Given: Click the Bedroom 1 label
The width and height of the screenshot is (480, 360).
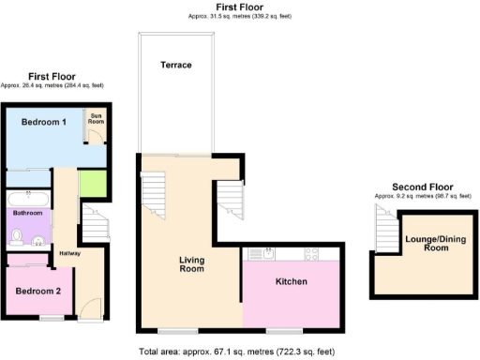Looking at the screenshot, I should (x=45, y=123).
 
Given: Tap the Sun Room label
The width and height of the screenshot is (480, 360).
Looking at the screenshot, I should (x=97, y=120).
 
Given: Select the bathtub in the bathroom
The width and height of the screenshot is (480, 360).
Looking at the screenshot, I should (x=29, y=198).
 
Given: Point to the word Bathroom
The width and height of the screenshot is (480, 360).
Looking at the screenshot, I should (x=28, y=214).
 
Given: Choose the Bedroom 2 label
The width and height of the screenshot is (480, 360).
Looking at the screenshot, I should (x=38, y=291).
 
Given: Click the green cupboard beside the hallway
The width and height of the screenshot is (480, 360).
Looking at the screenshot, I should (x=91, y=185).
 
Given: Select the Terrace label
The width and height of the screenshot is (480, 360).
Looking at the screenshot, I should (x=175, y=66).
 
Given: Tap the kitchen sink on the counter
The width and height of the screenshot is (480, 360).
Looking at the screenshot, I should (x=264, y=254).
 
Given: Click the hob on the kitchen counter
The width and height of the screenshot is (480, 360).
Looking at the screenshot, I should (x=312, y=254).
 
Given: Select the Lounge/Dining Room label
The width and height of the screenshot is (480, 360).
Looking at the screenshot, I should (x=434, y=244).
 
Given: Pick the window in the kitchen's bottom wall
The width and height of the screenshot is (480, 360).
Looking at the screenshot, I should (x=277, y=331).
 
